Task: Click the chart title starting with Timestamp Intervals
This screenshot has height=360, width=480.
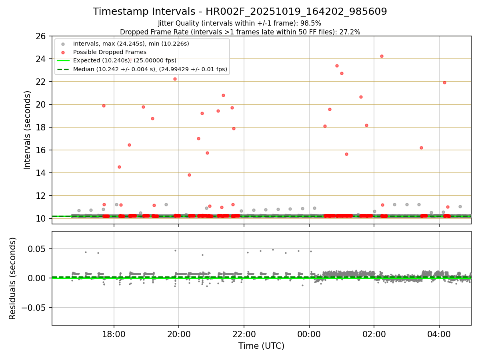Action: [x=240, y=12]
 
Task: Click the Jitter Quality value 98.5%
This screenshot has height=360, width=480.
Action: [x=311, y=23]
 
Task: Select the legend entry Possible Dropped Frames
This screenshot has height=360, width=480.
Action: [x=110, y=52]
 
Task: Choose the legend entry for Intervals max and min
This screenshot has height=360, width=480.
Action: [x=131, y=43]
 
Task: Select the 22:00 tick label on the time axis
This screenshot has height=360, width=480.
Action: [x=244, y=333]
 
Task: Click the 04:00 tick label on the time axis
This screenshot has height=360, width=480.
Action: [x=439, y=333]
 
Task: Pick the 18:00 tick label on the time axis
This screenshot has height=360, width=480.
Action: [x=114, y=333]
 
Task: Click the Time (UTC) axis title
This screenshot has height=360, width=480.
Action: [x=261, y=346]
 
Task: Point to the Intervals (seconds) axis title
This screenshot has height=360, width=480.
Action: [x=27, y=130]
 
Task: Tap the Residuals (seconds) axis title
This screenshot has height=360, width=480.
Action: [x=13, y=278]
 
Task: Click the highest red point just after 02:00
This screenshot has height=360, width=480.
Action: [x=382, y=56]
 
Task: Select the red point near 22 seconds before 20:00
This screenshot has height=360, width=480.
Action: [x=175, y=79]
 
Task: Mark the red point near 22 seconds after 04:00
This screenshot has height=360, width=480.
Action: [x=444, y=82]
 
